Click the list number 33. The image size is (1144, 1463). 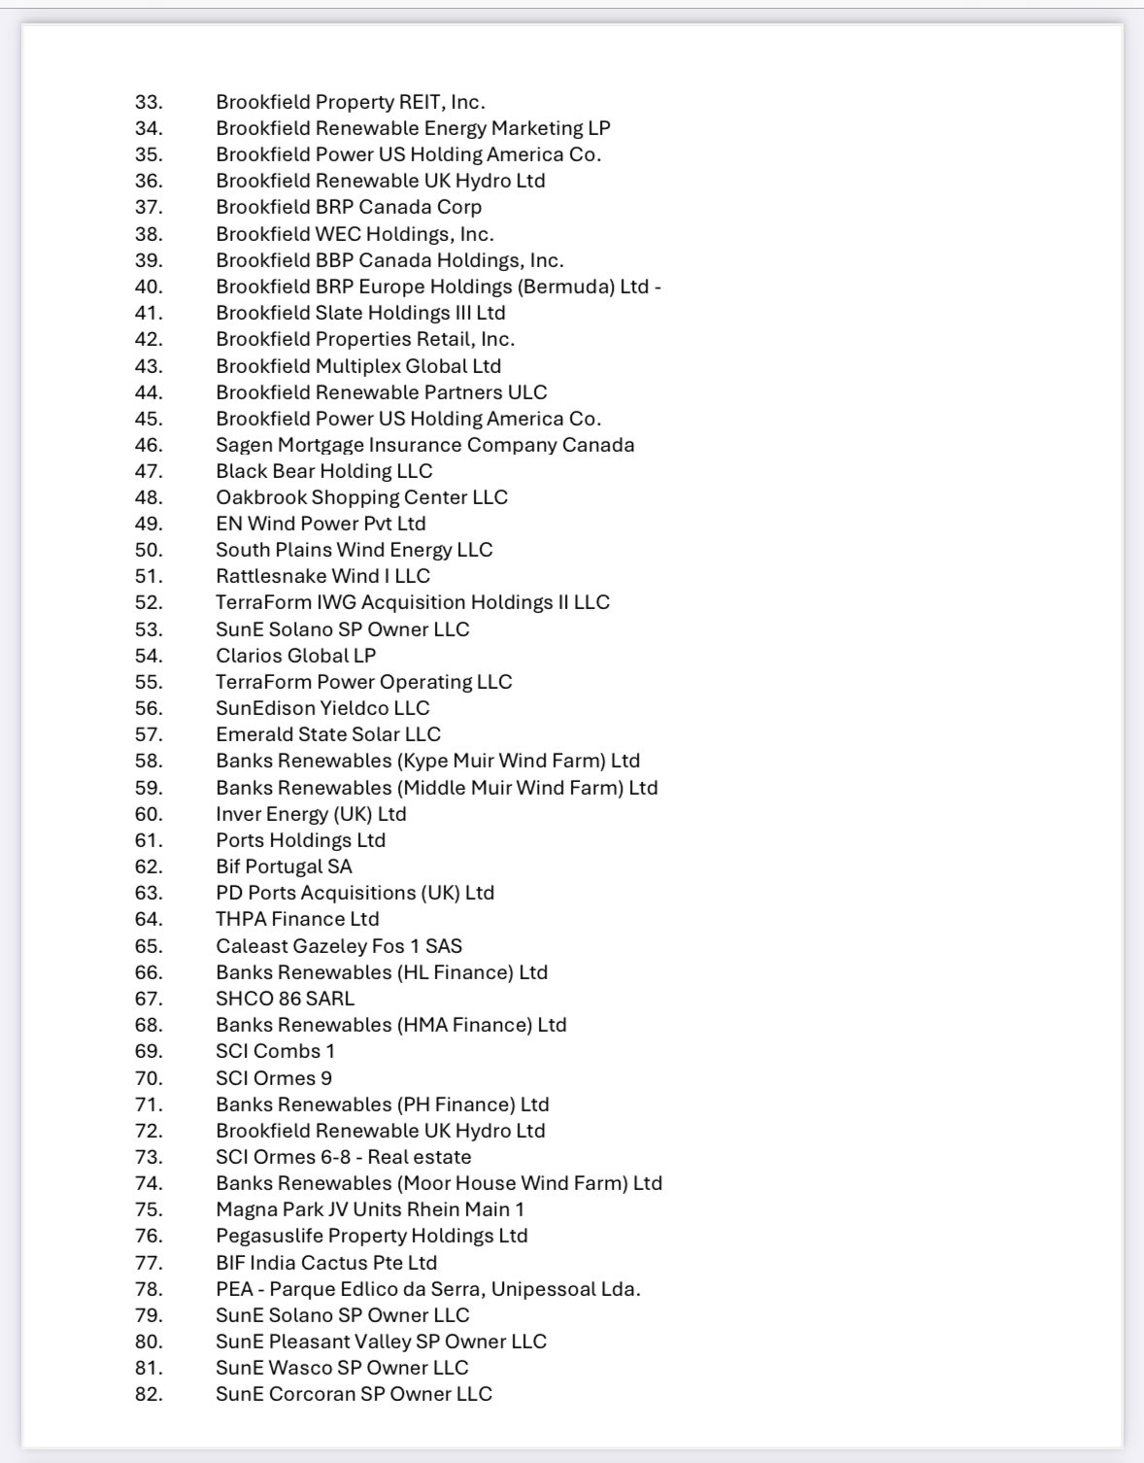tap(149, 102)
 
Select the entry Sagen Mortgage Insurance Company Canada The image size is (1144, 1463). tap(424, 445)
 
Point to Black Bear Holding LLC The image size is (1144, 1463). tap(323, 471)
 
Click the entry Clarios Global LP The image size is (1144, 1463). tap(295, 656)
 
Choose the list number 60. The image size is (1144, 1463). tap(149, 814)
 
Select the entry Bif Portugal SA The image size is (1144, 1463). tap(284, 867)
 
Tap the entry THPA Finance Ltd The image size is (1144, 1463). tap(297, 919)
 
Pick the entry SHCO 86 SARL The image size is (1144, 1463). tap(285, 999)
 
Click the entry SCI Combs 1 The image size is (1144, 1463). tap(275, 1051)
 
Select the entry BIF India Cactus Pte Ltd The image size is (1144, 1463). tap(326, 1263)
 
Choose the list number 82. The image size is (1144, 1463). tap(149, 1394)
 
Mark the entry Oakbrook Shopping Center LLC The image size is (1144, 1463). tap(361, 497)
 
